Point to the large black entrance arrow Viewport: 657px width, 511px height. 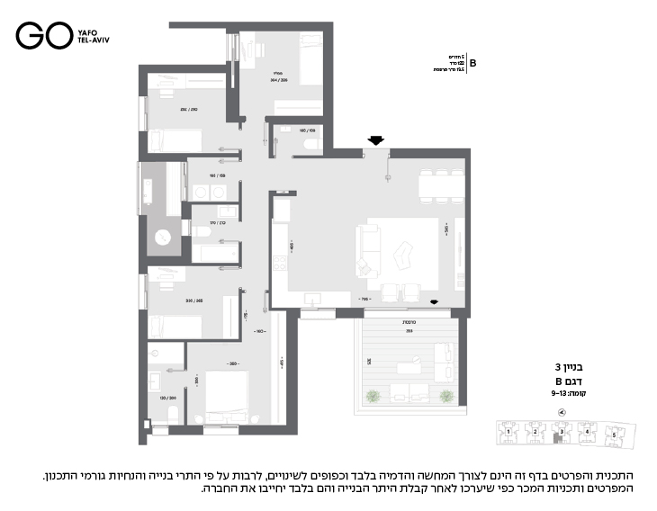(375, 139)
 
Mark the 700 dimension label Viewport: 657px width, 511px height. (365, 298)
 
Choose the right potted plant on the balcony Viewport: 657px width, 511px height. (445, 395)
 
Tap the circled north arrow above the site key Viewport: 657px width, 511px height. (562, 412)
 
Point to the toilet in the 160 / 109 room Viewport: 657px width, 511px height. (310, 141)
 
